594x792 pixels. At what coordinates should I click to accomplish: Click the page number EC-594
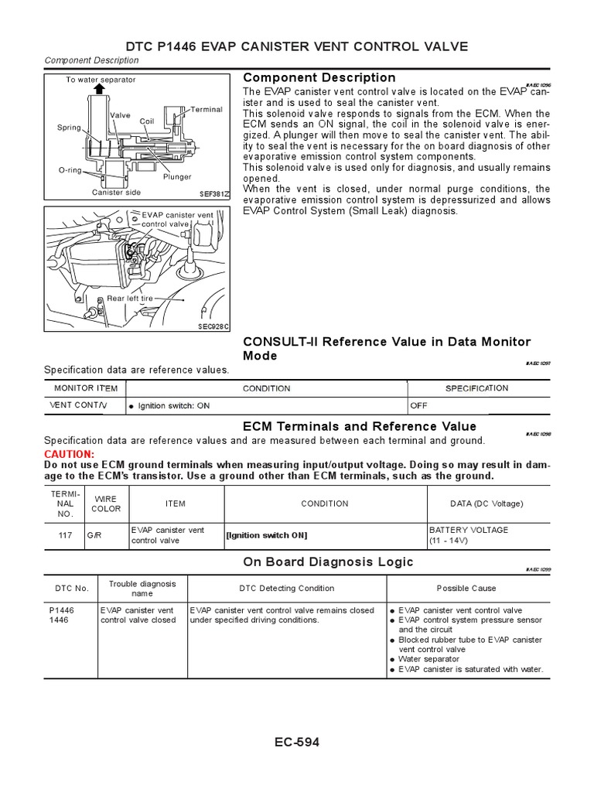[x=296, y=742]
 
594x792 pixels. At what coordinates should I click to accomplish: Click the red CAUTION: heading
[x=69, y=453]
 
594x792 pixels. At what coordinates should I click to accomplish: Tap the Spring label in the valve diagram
[x=69, y=128]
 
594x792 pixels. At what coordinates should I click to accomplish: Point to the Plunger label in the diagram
[x=176, y=176]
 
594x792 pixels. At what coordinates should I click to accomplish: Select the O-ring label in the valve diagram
[x=70, y=170]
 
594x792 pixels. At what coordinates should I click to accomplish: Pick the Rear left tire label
[x=130, y=298]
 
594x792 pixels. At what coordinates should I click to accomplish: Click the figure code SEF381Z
[x=214, y=194]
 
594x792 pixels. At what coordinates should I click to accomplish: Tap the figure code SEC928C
[x=213, y=326]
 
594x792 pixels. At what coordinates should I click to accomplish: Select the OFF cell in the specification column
[x=418, y=405]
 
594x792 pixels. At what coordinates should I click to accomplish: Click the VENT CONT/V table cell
[x=79, y=405]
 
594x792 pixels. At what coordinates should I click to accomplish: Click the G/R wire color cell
[x=94, y=535]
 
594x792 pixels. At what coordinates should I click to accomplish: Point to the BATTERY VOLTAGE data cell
[x=469, y=530]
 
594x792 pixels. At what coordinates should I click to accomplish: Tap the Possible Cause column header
[x=466, y=589]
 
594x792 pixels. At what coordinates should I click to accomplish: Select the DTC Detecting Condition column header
[x=286, y=589]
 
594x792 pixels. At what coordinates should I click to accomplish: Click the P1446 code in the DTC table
[x=61, y=610]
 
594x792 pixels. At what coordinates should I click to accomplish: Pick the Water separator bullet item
[x=428, y=660]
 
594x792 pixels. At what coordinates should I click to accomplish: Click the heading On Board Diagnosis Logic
[x=328, y=562]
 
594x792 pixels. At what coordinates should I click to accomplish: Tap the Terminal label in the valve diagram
[x=206, y=109]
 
